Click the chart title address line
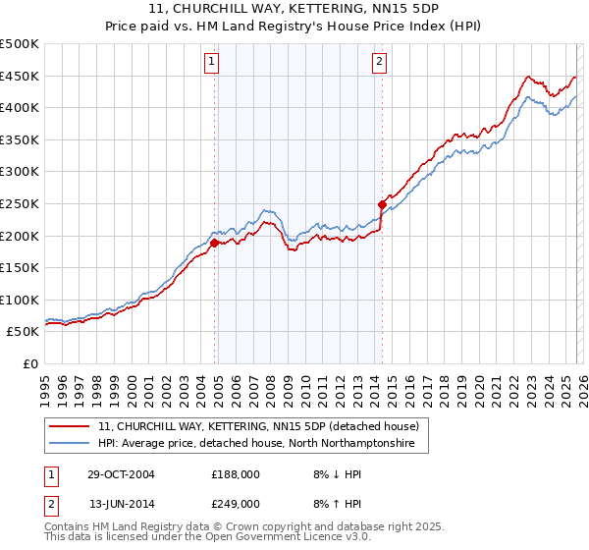pos(294,9)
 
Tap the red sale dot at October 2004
pos(215,243)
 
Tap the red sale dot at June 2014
pos(382,204)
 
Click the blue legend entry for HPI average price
pos(256,444)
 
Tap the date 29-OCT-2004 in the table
pos(121,473)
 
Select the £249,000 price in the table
pos(235,503)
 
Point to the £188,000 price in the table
pos(235,473)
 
